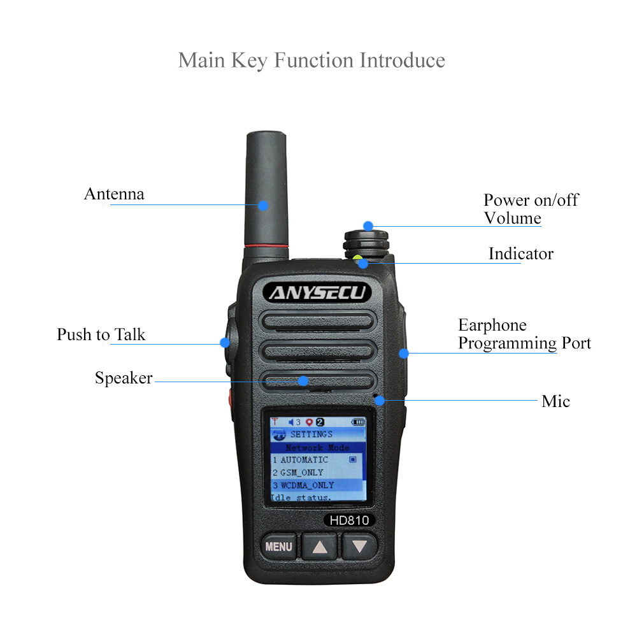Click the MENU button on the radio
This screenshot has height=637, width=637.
pos(279,547)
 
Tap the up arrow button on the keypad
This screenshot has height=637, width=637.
pos(320,547)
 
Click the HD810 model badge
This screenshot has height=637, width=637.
pos(349,520)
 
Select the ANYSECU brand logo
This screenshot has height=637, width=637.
pos(317,292)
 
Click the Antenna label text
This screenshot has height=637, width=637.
pos(114,194)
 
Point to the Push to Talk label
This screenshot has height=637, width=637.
pos(101,334)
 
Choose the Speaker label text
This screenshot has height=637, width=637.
pos(124,378)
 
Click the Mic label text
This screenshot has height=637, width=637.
pos(555,401)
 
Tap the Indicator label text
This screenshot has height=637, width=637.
pos(521,254)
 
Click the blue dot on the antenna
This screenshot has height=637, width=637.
pos(263,206)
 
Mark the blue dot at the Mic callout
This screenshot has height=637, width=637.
pos(380,401)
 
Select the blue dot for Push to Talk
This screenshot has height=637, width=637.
pos(225,343)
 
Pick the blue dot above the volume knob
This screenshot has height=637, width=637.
pos(368,226)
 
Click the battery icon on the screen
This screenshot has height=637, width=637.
pos(358,422)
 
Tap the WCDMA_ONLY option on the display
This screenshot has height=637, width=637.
pos(303,485)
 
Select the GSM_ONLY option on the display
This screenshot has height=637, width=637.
pos(297,473)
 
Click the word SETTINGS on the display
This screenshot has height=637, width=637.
pos(311,434)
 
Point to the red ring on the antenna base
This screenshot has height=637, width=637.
pos(266,246)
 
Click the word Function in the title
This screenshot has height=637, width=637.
pos(313,60)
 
